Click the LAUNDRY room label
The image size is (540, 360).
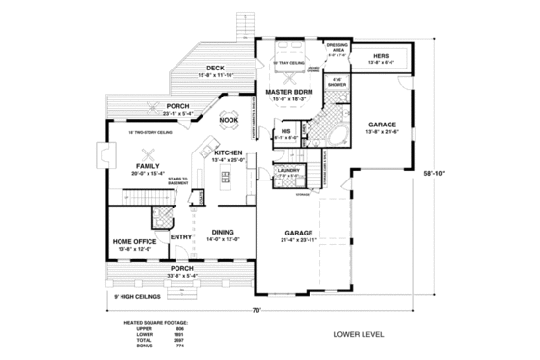tap(288, 170)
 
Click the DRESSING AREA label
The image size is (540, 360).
tap(338, 48)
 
